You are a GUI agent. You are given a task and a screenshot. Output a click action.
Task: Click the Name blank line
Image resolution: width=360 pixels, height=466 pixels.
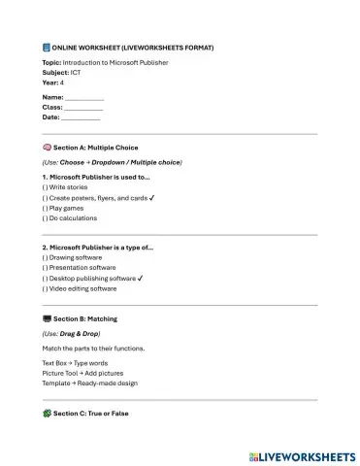pos(83,98)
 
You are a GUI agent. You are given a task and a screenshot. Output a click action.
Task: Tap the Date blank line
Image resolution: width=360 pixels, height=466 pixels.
pos(81,117)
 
